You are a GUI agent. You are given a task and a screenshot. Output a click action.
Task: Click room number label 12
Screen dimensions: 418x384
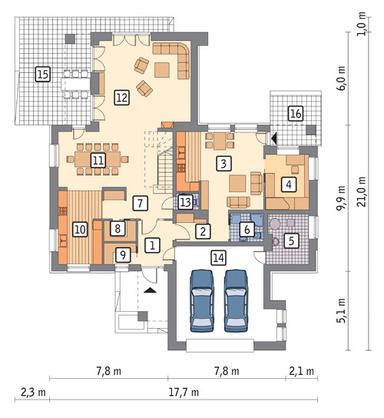[x=120, y=98]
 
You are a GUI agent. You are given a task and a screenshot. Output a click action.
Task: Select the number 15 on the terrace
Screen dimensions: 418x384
[x=42, y=74]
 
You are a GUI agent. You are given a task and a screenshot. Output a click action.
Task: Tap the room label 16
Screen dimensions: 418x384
[x=294, y=115]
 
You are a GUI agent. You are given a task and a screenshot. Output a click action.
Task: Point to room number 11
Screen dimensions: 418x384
[x=98, y=159]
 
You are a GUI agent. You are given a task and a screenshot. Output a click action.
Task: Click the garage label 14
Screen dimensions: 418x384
[x=214, y=257]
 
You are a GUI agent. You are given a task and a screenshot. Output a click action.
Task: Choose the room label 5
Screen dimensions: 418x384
[x=290, y=240]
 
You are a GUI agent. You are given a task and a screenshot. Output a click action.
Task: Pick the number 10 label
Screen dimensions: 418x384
[x=80, y=229]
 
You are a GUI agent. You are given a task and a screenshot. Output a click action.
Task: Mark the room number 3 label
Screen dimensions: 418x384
[x=225, y=163]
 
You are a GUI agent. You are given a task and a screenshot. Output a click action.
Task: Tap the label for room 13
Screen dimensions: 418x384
[x=185, y=203]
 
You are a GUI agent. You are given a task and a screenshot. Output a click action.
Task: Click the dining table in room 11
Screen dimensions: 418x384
[x=98, y=158]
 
